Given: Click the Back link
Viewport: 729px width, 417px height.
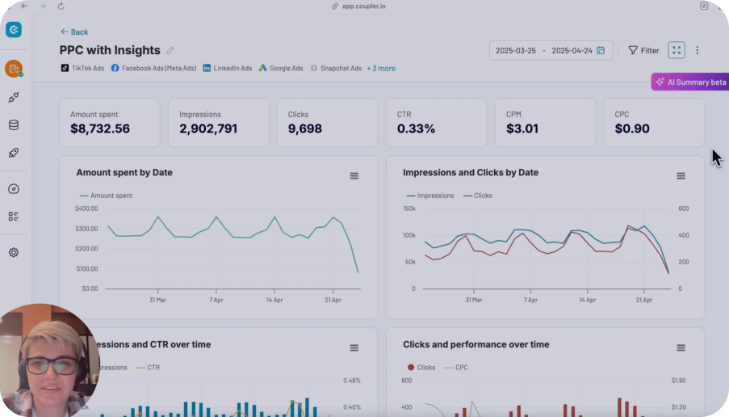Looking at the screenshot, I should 74,32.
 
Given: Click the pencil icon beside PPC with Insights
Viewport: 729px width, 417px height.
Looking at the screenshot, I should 170,51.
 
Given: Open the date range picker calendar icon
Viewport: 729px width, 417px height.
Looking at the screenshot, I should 601,50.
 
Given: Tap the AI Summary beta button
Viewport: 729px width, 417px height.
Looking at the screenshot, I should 690,82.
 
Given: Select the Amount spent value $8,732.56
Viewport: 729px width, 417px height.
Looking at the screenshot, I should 100,128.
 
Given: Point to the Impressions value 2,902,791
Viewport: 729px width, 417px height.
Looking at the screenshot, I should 208,128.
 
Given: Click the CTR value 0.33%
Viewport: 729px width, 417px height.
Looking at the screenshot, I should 416,128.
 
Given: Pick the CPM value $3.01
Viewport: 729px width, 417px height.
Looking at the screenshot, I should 522,128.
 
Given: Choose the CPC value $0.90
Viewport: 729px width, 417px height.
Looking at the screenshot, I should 632,128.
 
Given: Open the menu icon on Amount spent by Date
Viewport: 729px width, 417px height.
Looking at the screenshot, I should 354,176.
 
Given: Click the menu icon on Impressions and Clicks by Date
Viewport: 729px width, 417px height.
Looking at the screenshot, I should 681,176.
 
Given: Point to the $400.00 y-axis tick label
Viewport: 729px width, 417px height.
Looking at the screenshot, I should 86,209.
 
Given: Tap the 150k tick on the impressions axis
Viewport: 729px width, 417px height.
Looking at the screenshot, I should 408,209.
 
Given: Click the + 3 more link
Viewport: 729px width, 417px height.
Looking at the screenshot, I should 381,69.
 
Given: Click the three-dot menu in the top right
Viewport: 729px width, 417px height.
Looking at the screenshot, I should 698,50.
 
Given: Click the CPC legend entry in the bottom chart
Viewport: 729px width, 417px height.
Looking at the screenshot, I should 459,368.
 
